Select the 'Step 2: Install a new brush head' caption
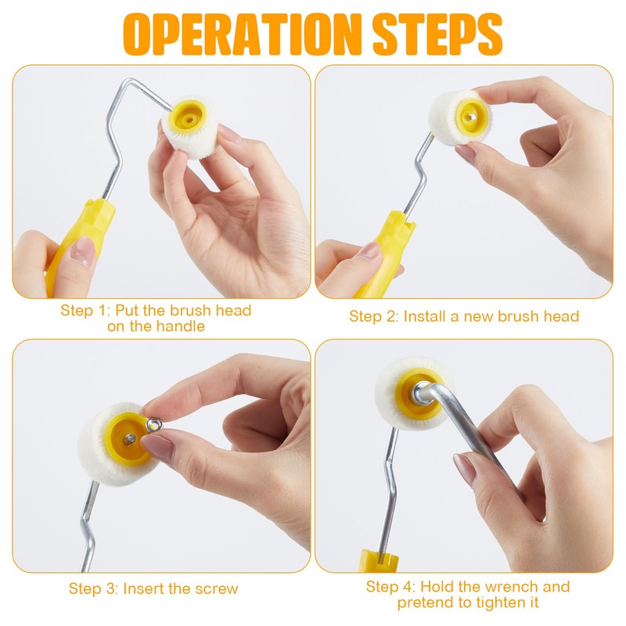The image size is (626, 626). click(x=464, y=316)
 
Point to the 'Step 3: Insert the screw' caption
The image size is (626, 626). click(x=153, y=588)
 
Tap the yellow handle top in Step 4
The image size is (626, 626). click(x=378, y=560)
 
